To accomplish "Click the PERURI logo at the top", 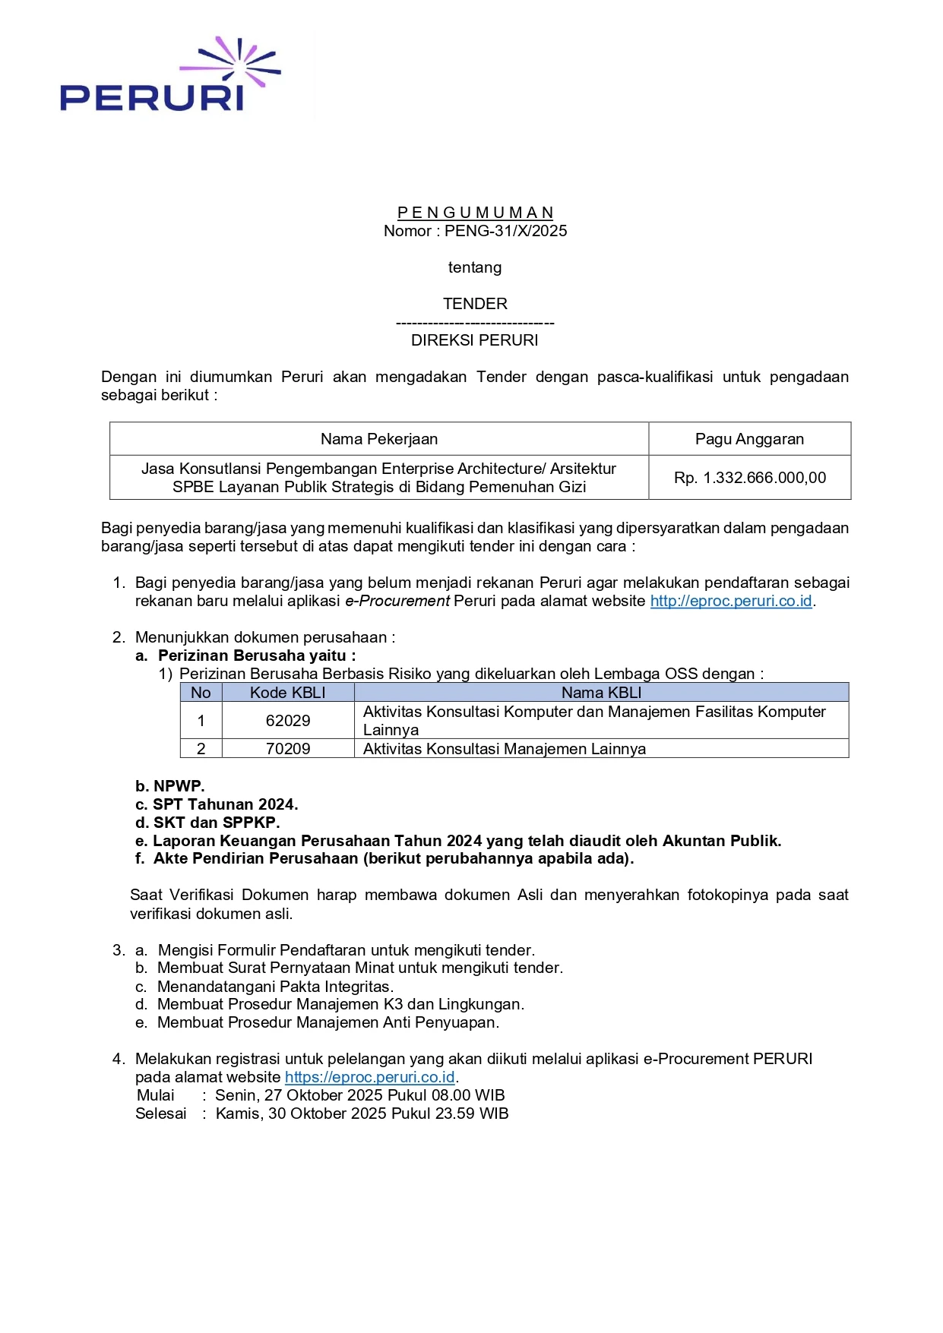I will tap(169, 77).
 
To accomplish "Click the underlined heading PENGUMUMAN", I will tap(475, 213).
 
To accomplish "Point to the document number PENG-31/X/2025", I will tap(505, 231).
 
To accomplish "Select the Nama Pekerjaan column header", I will tap(378, 439).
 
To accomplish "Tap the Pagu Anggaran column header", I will tap(749, 439).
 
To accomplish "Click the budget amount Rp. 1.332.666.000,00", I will tap(749, 478).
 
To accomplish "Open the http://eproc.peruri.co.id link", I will tap(731, 601).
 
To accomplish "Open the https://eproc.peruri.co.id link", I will tap(369, 1077).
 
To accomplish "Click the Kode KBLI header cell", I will tap(287, 693).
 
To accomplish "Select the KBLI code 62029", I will tap(287, 720).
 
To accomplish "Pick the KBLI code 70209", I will tap(287, 749).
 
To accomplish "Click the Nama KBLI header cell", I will tap(601, 693).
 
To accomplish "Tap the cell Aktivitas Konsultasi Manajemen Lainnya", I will tap(505, 749).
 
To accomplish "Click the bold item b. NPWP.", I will tap(170, 786).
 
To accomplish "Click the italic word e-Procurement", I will tap(397, 601).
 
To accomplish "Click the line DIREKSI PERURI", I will tap(474, 340).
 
